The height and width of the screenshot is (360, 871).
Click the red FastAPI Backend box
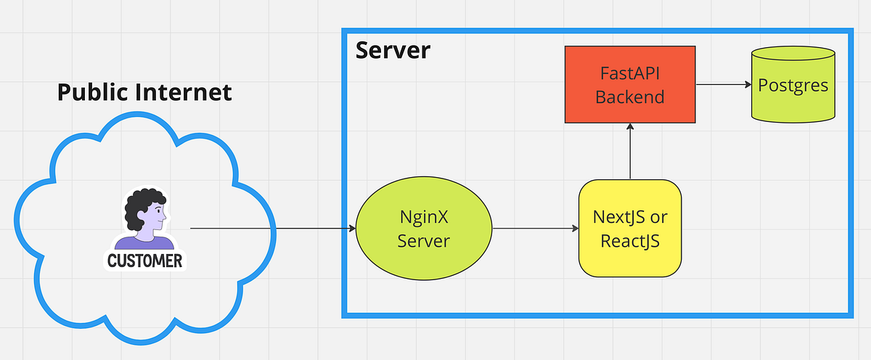click(630, 84)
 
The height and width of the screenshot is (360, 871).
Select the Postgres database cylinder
click(793, 85)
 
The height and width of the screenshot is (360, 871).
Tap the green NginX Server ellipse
click(424, 229)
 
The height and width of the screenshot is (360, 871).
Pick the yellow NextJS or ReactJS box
click(630, 229)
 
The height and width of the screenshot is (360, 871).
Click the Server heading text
click(393, 51)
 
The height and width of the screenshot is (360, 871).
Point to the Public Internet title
click(144, 92)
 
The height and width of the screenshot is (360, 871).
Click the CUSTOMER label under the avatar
click(144, 261)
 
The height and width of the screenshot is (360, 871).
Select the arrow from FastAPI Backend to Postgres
click(723, 84)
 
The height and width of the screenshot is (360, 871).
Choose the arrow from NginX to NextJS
click(535, 229)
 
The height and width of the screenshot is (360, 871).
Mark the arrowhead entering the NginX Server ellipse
click(351, 229)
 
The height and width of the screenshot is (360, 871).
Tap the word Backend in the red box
click(630, 97)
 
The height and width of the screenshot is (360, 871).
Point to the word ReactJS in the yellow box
click(630, 241)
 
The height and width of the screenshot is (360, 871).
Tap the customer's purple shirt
click(144, 243)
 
